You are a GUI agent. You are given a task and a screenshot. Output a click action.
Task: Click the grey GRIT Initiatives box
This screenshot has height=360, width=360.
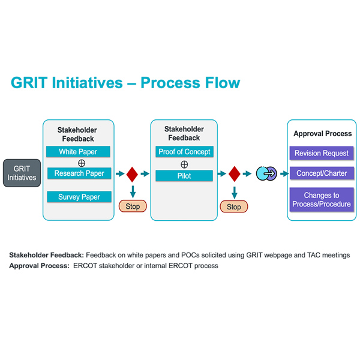[22, 173]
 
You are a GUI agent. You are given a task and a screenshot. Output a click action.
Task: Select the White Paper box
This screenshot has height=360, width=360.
[78, 152]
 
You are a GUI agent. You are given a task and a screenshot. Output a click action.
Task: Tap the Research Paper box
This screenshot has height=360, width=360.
[78, 174]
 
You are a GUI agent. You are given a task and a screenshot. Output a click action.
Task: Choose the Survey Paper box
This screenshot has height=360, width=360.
[78, 197]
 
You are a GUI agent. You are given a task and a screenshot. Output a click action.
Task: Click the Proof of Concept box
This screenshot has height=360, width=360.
[184, 152]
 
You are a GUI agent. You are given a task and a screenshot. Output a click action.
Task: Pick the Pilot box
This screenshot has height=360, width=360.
[184, 176]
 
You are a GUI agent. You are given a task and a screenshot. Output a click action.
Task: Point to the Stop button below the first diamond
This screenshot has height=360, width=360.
[133, 206]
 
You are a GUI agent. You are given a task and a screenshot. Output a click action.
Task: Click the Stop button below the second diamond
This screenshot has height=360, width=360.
[234, 207]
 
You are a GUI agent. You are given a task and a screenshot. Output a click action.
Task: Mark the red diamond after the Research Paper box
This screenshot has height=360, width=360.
[132, 174]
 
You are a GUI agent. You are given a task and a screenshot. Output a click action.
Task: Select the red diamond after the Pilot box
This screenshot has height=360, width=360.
[234, 174]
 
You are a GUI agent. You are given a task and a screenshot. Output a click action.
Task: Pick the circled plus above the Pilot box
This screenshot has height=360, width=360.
[184, 164]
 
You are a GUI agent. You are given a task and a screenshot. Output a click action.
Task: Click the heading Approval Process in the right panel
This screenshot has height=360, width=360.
[322, 134]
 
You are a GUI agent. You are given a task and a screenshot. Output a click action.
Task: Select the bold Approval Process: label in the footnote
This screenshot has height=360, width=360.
[39, 265]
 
